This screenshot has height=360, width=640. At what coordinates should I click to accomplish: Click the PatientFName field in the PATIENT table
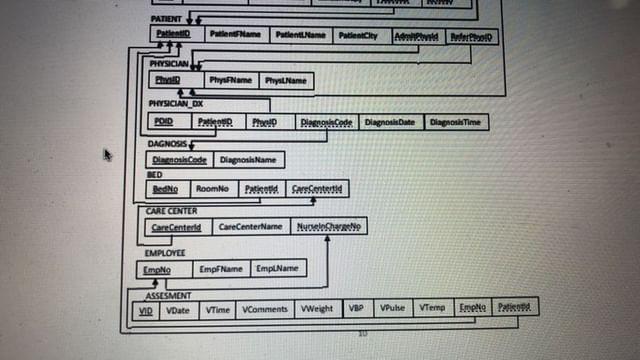coord(236,35)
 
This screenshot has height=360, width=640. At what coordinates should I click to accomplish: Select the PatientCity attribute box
coord(358,36)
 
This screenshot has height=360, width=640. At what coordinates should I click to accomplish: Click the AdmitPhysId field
coord(415,37)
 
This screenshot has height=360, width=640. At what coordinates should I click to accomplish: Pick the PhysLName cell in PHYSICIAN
coord(286,80)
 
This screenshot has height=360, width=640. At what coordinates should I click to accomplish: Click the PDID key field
coord(164,122)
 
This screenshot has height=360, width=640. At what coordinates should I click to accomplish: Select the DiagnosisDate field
coord(389,122)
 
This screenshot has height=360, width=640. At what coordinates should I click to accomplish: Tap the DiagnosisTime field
coord(455,122)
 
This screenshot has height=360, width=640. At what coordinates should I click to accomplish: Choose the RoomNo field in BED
coord(212,188)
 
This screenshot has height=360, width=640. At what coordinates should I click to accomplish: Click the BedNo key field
coord(165,188)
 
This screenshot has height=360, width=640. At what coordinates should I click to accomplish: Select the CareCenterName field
coord(250,227)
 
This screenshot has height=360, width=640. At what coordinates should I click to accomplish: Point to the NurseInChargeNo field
coord(330,227)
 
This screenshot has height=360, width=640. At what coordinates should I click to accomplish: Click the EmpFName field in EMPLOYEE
coord(221,268)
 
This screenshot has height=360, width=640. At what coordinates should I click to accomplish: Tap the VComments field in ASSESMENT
coord(265,309)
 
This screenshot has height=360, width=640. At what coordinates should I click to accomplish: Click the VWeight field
coord(318,309)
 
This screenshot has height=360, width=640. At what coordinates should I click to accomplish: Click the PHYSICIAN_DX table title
coord(176,103)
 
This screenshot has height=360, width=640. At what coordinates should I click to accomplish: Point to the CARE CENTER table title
coord(171,211)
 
